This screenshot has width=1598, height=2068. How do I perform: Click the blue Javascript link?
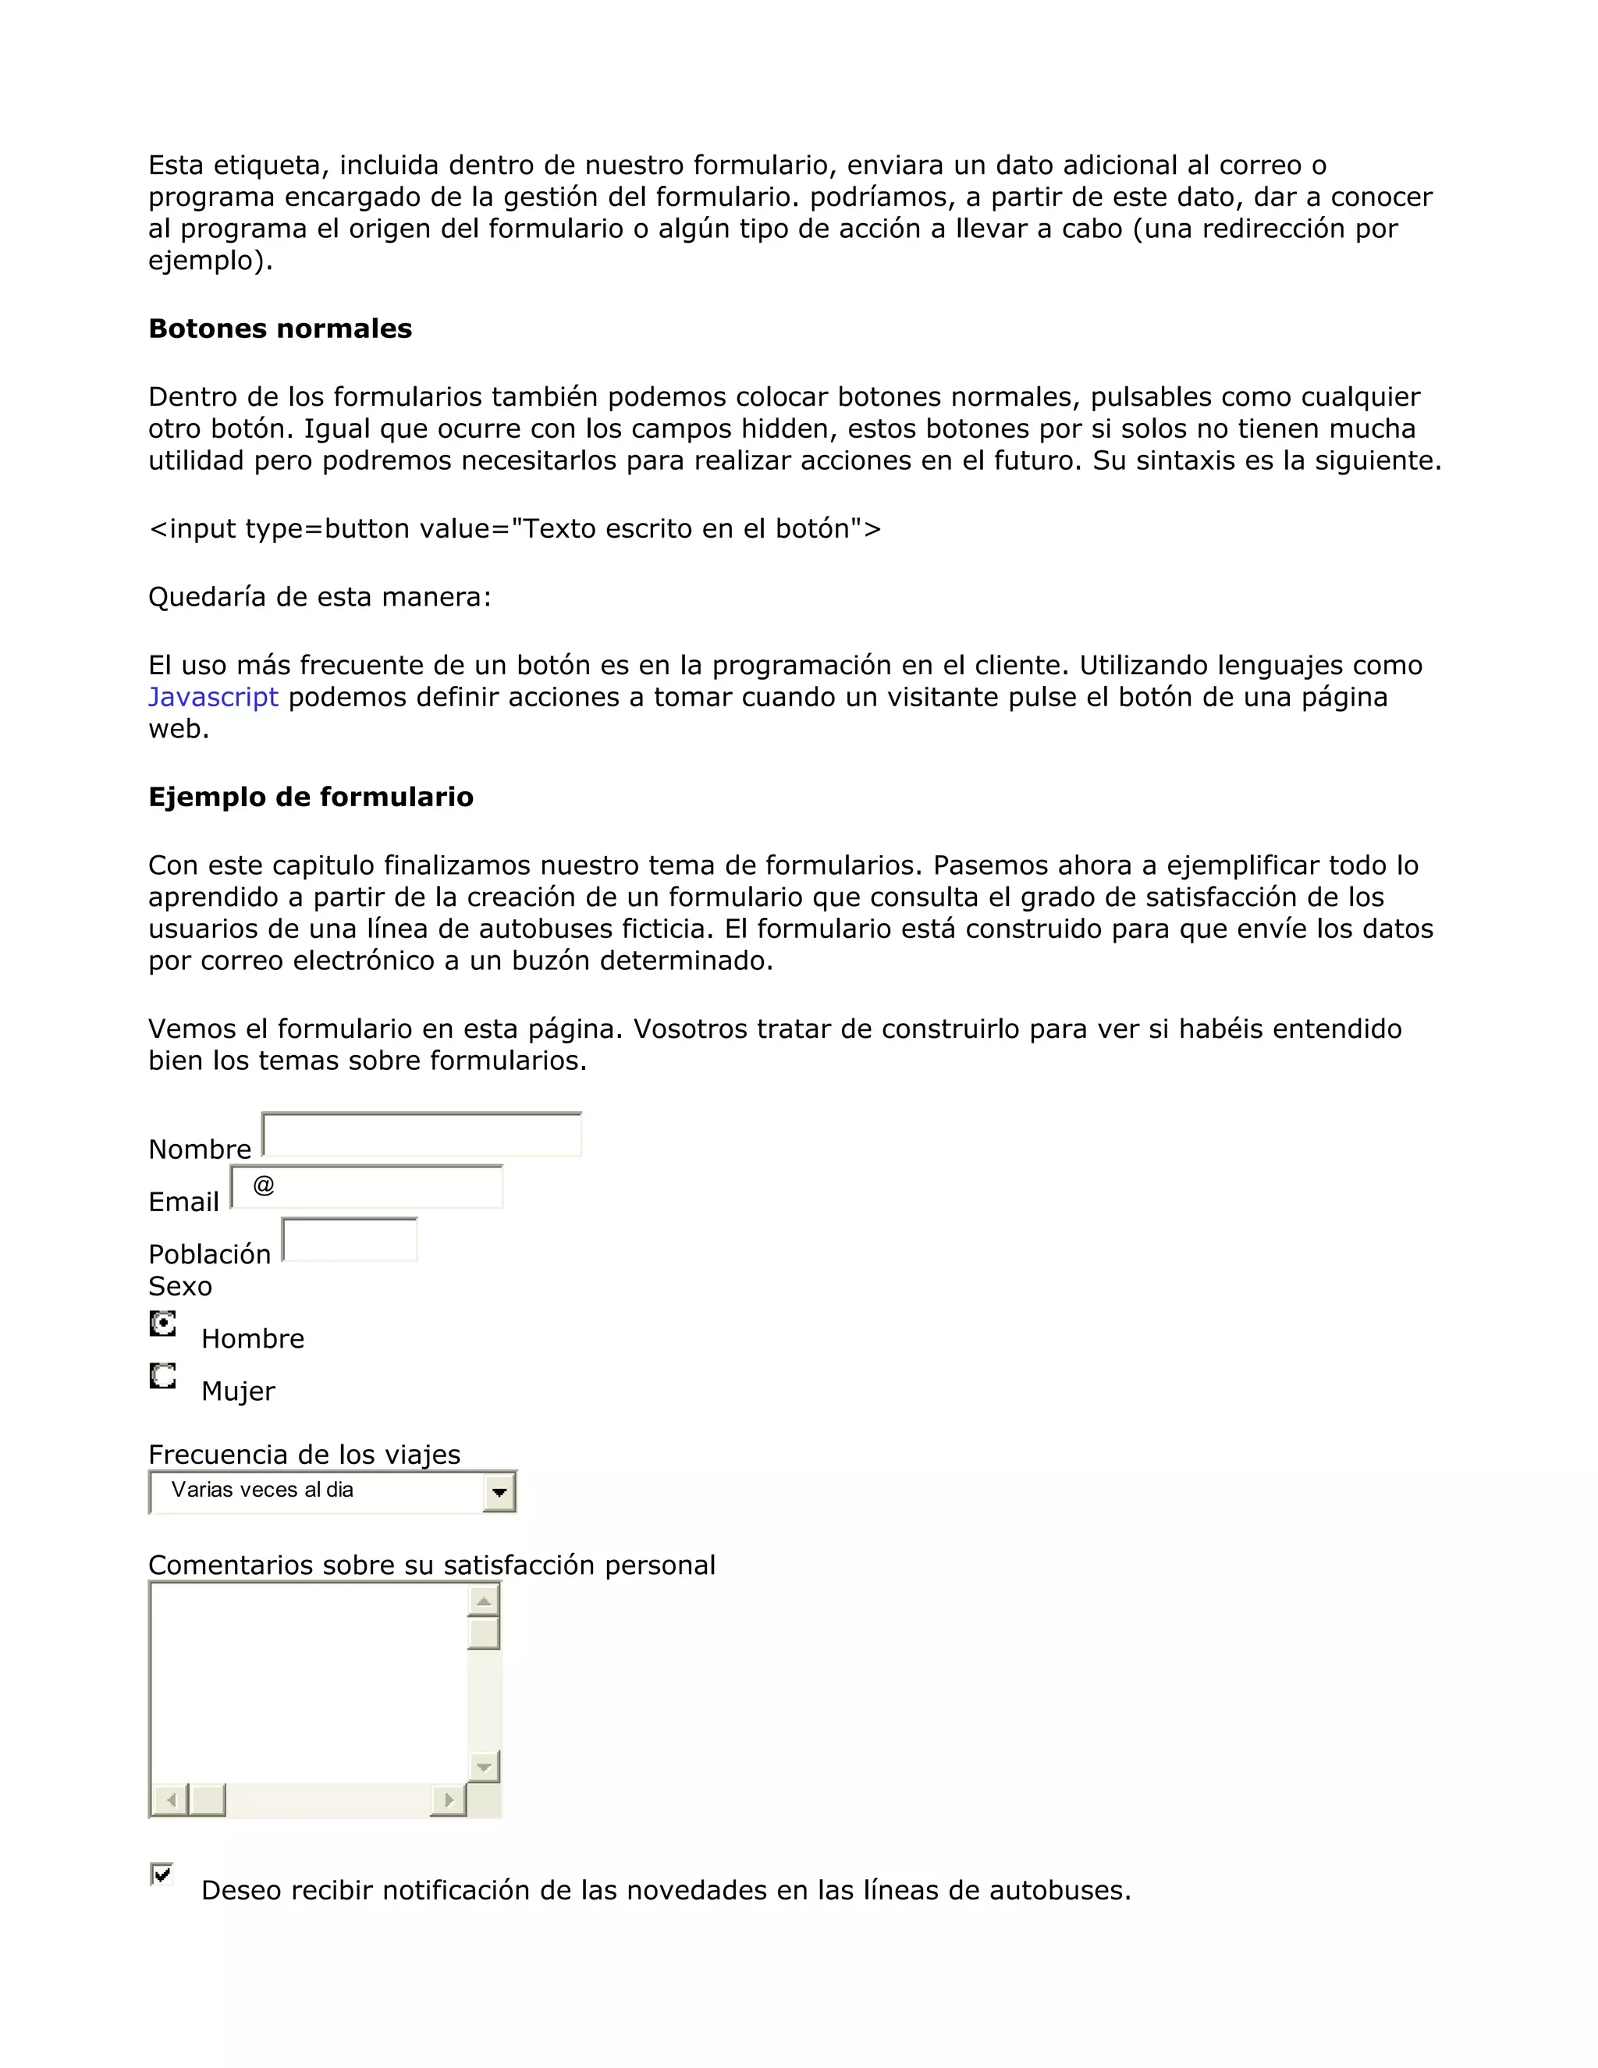[x=213, y=697]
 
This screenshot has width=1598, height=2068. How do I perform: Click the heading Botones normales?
[x=280, y=329]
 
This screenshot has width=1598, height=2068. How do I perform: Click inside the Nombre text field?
[x=422, y=1135]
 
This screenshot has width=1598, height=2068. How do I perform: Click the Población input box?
[x=350, y=1239]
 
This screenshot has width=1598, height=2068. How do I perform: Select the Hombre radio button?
[x=163, y=1323]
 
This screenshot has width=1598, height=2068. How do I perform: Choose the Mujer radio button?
[x=163, y=1375]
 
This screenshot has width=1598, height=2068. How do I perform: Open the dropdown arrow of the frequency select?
[x=499, y=1493]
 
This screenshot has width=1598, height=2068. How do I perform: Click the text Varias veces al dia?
[x=262, y=1490]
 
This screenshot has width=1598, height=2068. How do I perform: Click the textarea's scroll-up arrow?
[x=484, y=1601]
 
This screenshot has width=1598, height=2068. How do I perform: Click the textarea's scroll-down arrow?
[x=484, y=1767]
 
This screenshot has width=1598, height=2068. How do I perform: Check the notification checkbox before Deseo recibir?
[x=162, y=1874]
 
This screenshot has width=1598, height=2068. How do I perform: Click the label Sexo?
[x=180, y=1286]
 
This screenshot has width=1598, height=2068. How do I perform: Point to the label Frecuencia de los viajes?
[x=304, y=1455]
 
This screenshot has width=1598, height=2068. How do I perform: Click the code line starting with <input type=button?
[x=514, y=528]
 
